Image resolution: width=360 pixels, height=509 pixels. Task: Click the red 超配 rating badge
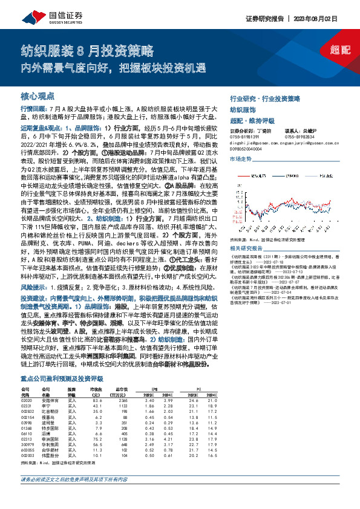[338, 51]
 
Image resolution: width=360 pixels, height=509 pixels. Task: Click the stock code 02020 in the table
[26, 400]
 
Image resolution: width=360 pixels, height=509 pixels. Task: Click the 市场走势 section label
[240, 158]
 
